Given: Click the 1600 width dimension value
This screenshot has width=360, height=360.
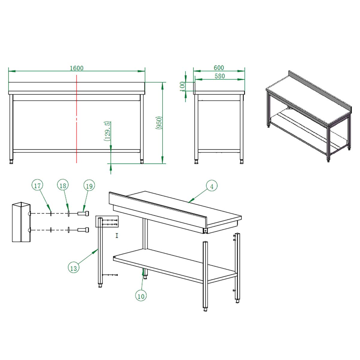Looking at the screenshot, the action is pyautogui.click(x=76, y=68).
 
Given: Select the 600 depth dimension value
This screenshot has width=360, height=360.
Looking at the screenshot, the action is pyautogui.click(x=219, y=67).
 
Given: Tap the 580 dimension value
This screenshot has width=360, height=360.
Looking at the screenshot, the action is pyautogui.click(x=220, y=76).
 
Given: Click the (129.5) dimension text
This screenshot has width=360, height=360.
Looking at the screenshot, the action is pyautogui.click(x=107, y=131).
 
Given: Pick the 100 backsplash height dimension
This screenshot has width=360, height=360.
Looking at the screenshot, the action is pyautogui.click(x=182, y=86).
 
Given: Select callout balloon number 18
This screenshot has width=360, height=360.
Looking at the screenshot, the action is pyautogui.click(x=63, y=185).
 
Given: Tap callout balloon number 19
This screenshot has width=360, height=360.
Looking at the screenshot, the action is pyautogui.click(x=89, y=186).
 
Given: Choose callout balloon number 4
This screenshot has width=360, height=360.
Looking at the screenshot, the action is pyautogui.click(x=212, y=186).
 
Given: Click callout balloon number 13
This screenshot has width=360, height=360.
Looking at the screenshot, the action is pyautogui.click(x=73, y=268).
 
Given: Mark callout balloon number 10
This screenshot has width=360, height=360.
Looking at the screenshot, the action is pyautogui.click(x=141, y=296).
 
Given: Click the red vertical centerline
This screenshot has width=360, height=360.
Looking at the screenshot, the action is pyautogui.click(x=76, y=119).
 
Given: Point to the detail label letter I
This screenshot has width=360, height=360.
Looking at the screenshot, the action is pyautogui.click(x=117, y=236).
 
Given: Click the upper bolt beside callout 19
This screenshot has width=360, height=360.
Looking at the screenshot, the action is pyautogui.click(x=83, y=213).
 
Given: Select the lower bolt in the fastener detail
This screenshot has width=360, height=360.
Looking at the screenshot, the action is pyautogui.click(x=83, y=230).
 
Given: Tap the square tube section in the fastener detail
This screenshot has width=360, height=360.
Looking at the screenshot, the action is pyautogui.click(x=21, y=222).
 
